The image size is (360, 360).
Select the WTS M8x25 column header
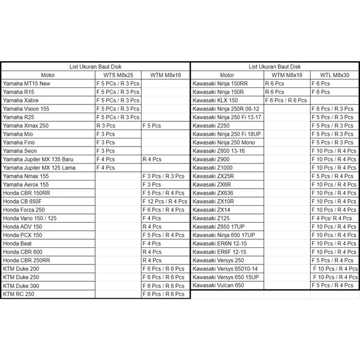pos(118,75)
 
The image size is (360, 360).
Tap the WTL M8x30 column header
pos(334,75)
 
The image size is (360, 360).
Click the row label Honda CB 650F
pos(22,201)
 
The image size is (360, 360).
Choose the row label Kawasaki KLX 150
pos(215,100)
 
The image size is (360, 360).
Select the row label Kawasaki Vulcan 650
pos(218,285)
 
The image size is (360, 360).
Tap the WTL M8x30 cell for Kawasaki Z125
pos(331,218)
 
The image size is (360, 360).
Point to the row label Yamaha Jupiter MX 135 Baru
pos(38,159)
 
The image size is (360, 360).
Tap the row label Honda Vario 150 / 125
pos(30,218)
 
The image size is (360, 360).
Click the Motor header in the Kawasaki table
pos(227,75)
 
